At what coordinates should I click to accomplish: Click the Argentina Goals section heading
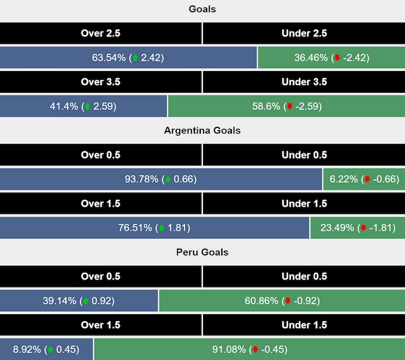pos(203,130)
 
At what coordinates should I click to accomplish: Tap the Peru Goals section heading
pos(203,252)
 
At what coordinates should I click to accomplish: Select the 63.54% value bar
pos(128,58)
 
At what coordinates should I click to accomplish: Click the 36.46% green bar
pos(331,58)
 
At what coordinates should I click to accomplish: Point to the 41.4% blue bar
pos(83,106)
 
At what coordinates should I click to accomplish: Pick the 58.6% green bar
pos(286,106)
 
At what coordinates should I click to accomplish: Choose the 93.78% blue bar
pos(161,179)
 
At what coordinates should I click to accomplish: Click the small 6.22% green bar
pos(364,179)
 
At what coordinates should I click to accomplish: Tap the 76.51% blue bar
pos(154,228)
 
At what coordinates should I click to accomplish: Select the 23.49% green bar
pos(357,228)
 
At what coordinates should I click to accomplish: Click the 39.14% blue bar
pos(79,301)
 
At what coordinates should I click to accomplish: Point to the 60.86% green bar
pos(282,301)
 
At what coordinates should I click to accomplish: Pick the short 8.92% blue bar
pos(46,349)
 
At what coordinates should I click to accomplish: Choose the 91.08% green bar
pos(249,349)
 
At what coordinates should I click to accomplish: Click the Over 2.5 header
pos(100,33)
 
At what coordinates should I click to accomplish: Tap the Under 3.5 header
pos(304,82)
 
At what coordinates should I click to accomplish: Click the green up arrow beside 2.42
pos(135,58)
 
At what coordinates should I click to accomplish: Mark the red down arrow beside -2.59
pos(289,106)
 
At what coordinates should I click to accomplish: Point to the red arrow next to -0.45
pos(255,349)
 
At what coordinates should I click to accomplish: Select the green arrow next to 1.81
pos(161,228)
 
